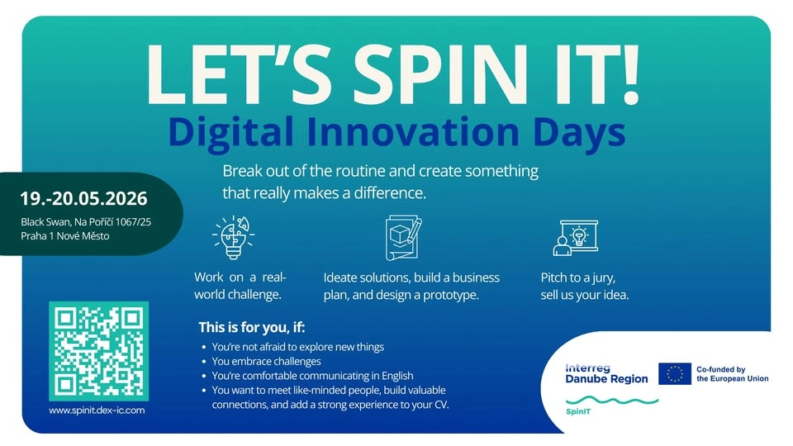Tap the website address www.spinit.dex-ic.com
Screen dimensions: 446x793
point(97,410)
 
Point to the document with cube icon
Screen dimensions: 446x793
point(403,237)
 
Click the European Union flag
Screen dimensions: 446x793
point(675,373)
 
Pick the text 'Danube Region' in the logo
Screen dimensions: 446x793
point(605,378)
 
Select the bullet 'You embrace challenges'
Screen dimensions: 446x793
point(266,361)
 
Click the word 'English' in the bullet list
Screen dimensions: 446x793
point(373,376)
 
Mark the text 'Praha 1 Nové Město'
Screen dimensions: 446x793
point(65,236)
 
